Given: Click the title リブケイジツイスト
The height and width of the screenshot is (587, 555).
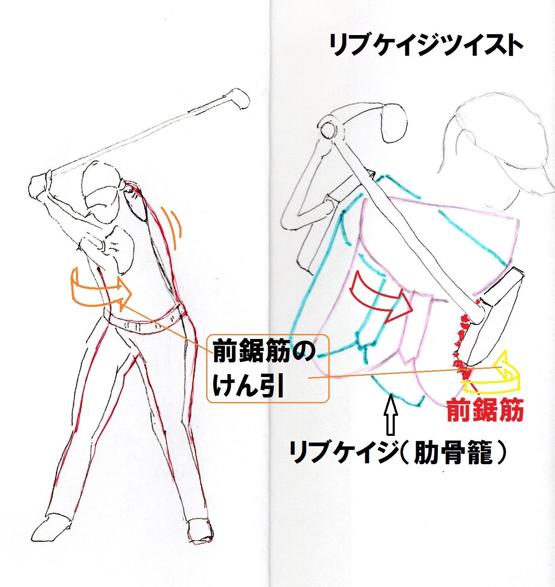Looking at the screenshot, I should point(426,45).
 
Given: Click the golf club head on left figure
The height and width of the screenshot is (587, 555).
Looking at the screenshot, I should point(239,99).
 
